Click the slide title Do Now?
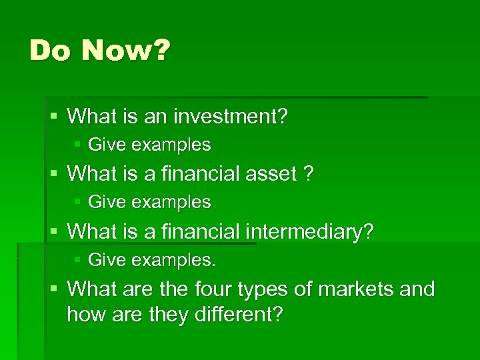click(x=99, y=51)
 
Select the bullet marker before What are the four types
click(x=53, y=289)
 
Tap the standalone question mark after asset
click(x=308, y=175)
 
